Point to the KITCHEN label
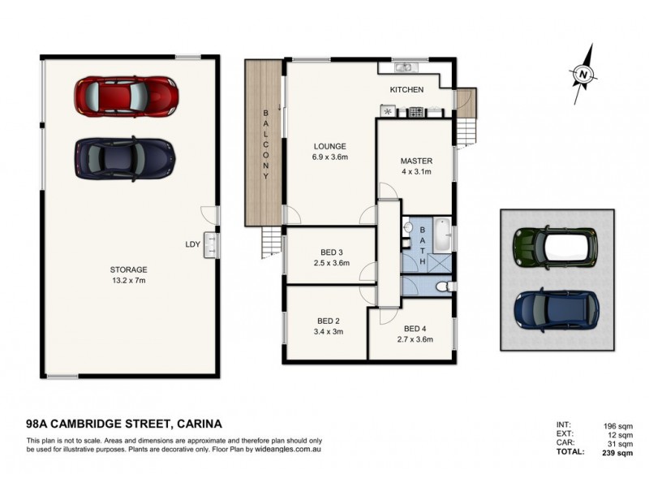tap(406, 89)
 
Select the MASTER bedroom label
tap(415, 161)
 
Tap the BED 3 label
tap(331, 252)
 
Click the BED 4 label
tap(415, 329)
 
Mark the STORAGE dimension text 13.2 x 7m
tap(129, 280)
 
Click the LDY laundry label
tap(193, 243)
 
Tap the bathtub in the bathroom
tap(443, 235)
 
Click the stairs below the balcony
tap(269, 240)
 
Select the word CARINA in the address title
tap(195, 423)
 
